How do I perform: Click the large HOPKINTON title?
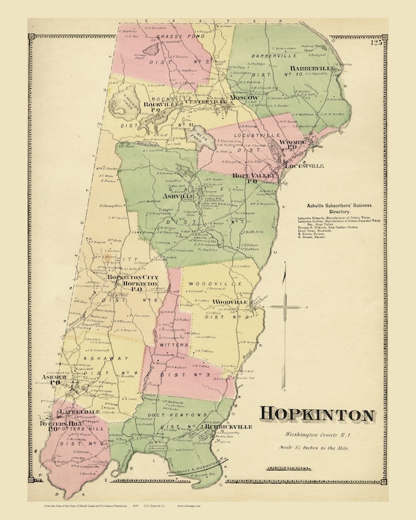(317, 414)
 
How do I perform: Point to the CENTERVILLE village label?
(186, 101)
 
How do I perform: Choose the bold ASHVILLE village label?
(178, 196)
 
